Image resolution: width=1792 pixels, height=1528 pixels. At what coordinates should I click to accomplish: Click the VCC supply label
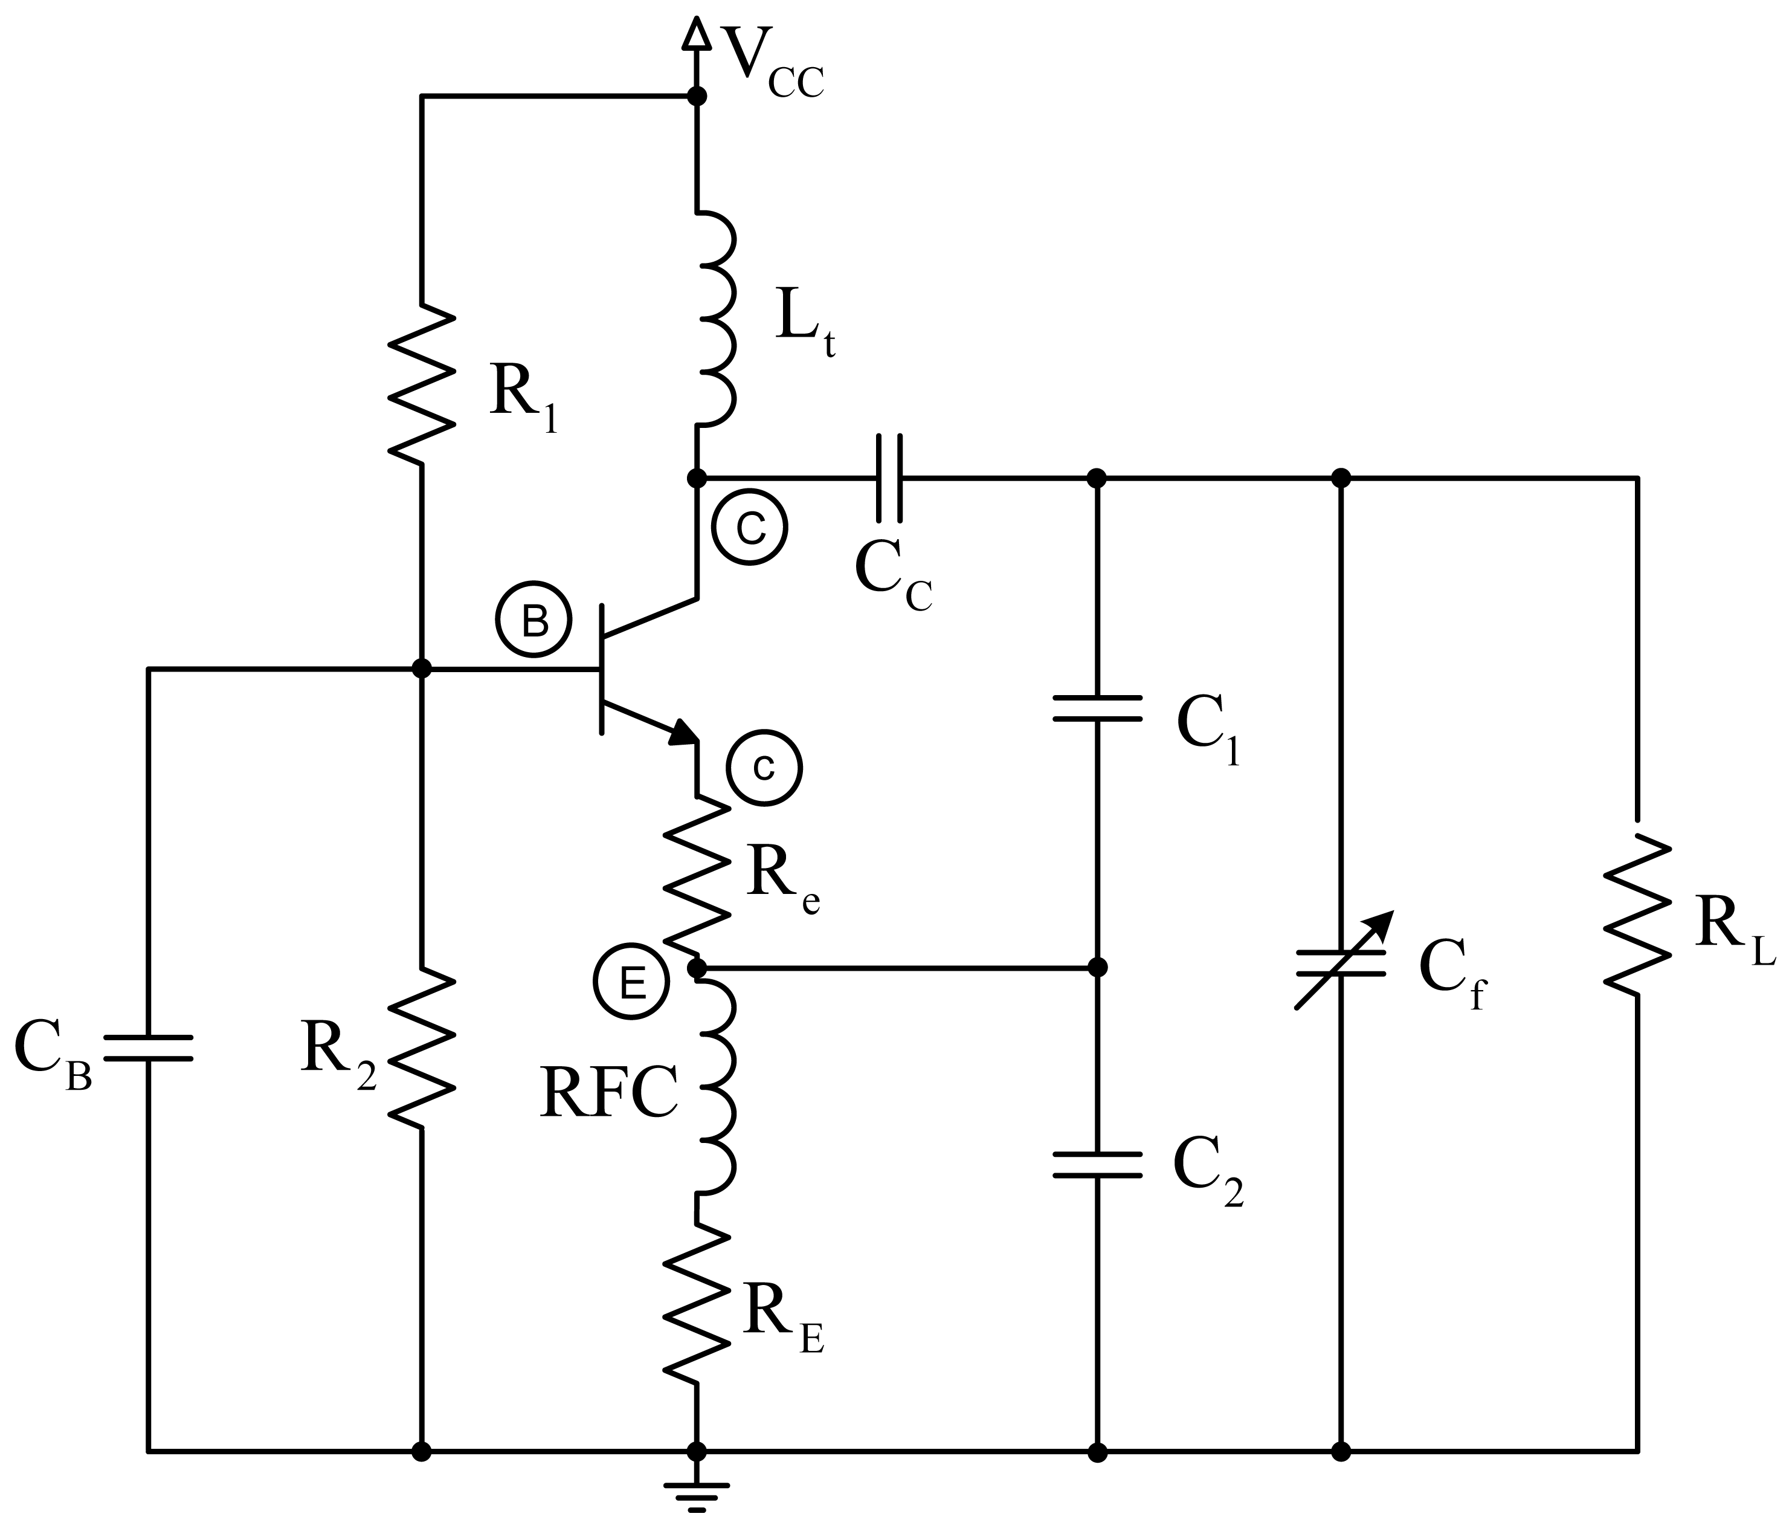coord(772,65)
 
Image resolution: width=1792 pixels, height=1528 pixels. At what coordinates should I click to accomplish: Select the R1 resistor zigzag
coord(422,385)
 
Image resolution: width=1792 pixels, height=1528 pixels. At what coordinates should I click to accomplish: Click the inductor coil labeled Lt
coord(716,319)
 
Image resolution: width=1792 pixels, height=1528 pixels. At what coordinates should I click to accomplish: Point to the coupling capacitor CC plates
coord(889,477)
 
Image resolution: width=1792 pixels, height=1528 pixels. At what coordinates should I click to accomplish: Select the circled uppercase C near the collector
coord(750,528)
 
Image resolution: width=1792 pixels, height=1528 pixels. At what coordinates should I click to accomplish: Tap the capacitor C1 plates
coord(1097,708)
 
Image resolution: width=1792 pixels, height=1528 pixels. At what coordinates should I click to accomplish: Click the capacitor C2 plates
coord(1097,1165)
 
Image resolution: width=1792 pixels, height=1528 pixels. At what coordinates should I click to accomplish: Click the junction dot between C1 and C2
coord(1097,967)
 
